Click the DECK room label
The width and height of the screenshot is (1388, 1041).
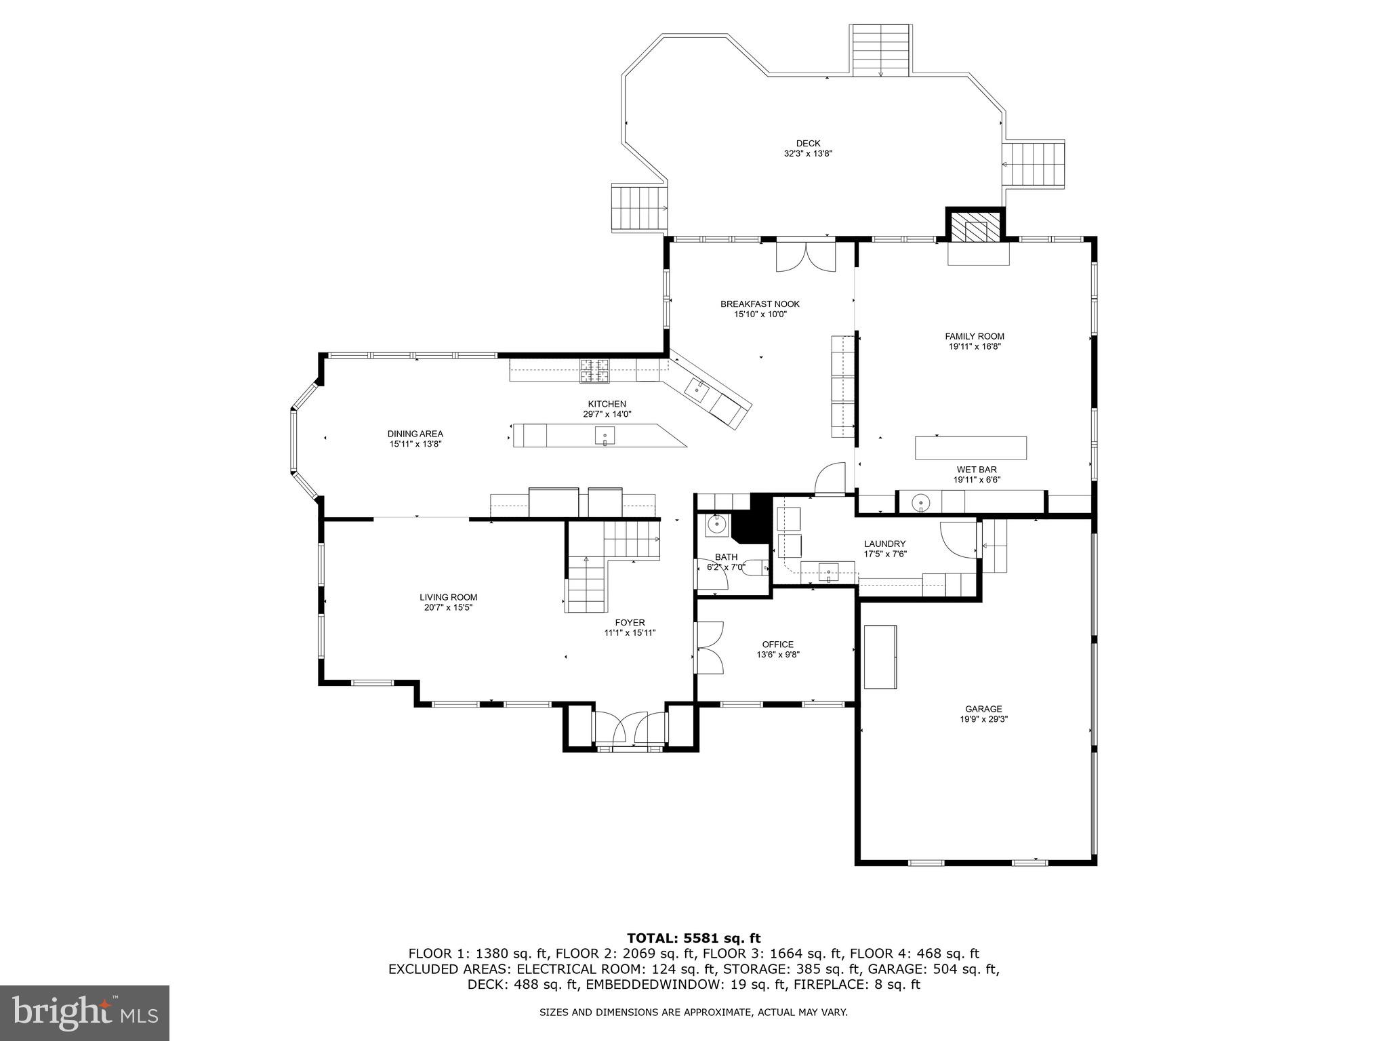[808, 143]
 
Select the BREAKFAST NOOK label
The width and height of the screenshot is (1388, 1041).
[760, 304]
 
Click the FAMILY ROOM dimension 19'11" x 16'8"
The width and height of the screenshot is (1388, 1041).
[975, 346]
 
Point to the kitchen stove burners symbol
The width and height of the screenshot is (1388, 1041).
[594, 369]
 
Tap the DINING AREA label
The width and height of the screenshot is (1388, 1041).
[415, 434]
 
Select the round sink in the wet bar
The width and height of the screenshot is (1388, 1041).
[920, 502]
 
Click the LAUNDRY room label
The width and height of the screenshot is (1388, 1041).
[884, 544]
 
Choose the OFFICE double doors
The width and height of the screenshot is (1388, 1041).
[710, 649]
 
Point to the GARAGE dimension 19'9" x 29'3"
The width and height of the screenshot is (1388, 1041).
[983, 720]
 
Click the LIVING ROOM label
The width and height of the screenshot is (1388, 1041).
[448, 597]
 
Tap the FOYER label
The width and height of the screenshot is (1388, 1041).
[630, 622]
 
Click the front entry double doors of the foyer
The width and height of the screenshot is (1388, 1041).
[630, 729]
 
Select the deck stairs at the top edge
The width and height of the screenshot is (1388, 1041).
[880, 50]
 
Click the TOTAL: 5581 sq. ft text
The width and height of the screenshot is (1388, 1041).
[693, 939]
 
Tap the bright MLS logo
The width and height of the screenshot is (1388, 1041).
[85, 1013]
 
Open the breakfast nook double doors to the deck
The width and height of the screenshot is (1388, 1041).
[805, 257]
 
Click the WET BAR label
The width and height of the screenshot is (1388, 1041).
[977, 469]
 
